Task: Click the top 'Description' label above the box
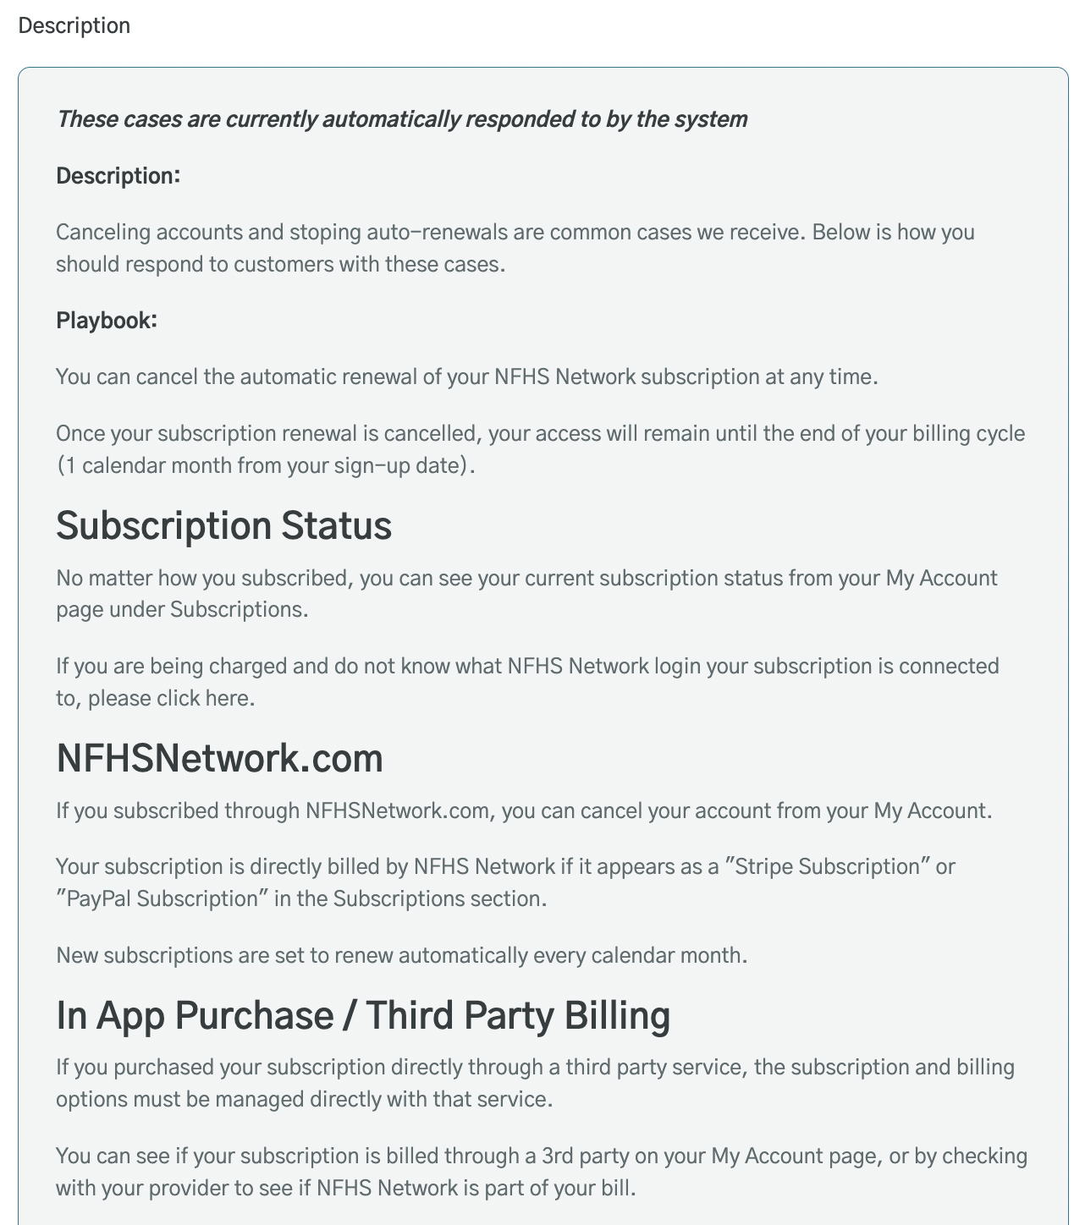pos(74,25)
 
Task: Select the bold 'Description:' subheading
pos(118,176)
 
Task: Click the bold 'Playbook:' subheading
pos(107,321)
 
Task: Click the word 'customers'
pos(284,264)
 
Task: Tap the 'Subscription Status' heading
pos(223,525)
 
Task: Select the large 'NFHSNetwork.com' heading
pos(219,758)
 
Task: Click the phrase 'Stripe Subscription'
pos(828,866)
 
